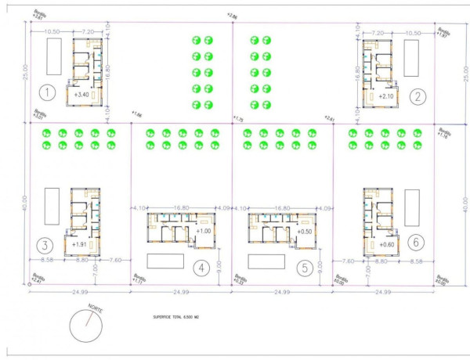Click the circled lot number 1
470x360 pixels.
(x=48, y=94)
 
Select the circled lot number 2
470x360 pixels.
(x=419, y=96)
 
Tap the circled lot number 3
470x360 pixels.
(x=48, y=243)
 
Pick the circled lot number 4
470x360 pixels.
(x=202, y=268)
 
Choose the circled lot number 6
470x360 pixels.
(x=418, y=242)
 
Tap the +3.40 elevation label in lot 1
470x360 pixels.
(x=81, y=95)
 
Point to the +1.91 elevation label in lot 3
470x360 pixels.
(x=79, y=244)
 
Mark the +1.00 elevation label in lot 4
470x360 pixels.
(x=204, y=231)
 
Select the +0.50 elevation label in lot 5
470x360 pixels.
(x=305, y=232)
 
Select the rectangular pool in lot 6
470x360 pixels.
(x=412, y=207)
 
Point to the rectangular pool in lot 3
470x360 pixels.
(x=52, y=206)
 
